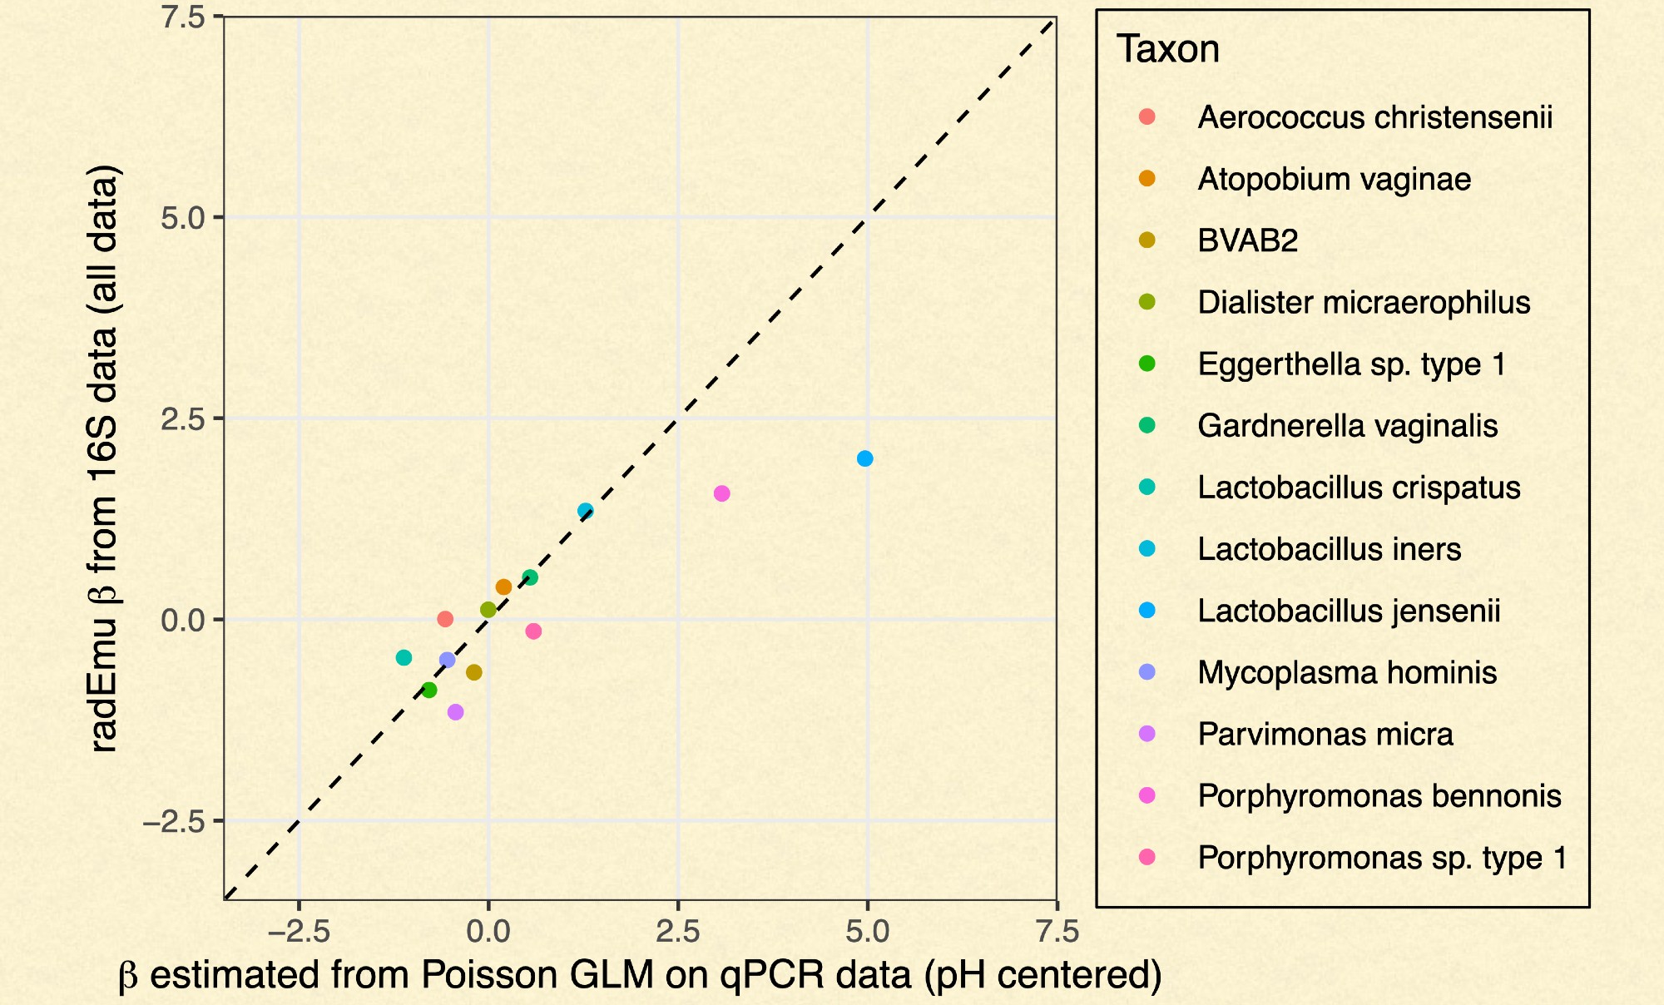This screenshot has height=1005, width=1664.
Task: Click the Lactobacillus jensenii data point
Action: [864, 458]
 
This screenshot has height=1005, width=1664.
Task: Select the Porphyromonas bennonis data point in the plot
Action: [721, 493]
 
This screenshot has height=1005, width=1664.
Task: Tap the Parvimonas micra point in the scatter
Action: [455, 712]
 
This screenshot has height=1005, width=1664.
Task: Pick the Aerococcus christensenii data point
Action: [445, 619]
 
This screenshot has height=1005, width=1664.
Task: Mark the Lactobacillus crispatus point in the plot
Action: [404, 658]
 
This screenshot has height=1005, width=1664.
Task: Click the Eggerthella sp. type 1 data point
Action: [428, 691]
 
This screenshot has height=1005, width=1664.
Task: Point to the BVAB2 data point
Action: [473, 672]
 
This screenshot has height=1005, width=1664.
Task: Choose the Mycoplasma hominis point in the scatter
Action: [447, 660]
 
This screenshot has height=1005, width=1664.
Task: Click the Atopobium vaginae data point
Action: [503, 587]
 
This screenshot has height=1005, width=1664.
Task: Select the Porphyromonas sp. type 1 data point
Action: [533, 631]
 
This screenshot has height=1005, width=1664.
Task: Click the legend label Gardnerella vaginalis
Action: [1347, 426]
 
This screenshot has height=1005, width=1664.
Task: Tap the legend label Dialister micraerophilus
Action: [1364, 303]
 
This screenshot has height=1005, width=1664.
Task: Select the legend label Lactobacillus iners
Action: [1329, 549]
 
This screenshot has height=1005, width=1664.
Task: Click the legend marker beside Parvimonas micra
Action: [1146, 734]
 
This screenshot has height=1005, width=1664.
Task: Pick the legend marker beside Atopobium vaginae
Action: [1146, 179]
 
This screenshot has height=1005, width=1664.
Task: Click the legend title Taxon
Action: [1167, 49]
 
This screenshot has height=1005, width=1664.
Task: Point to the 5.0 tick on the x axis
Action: [867, 932]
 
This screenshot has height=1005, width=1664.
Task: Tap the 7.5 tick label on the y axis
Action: [183, 17]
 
